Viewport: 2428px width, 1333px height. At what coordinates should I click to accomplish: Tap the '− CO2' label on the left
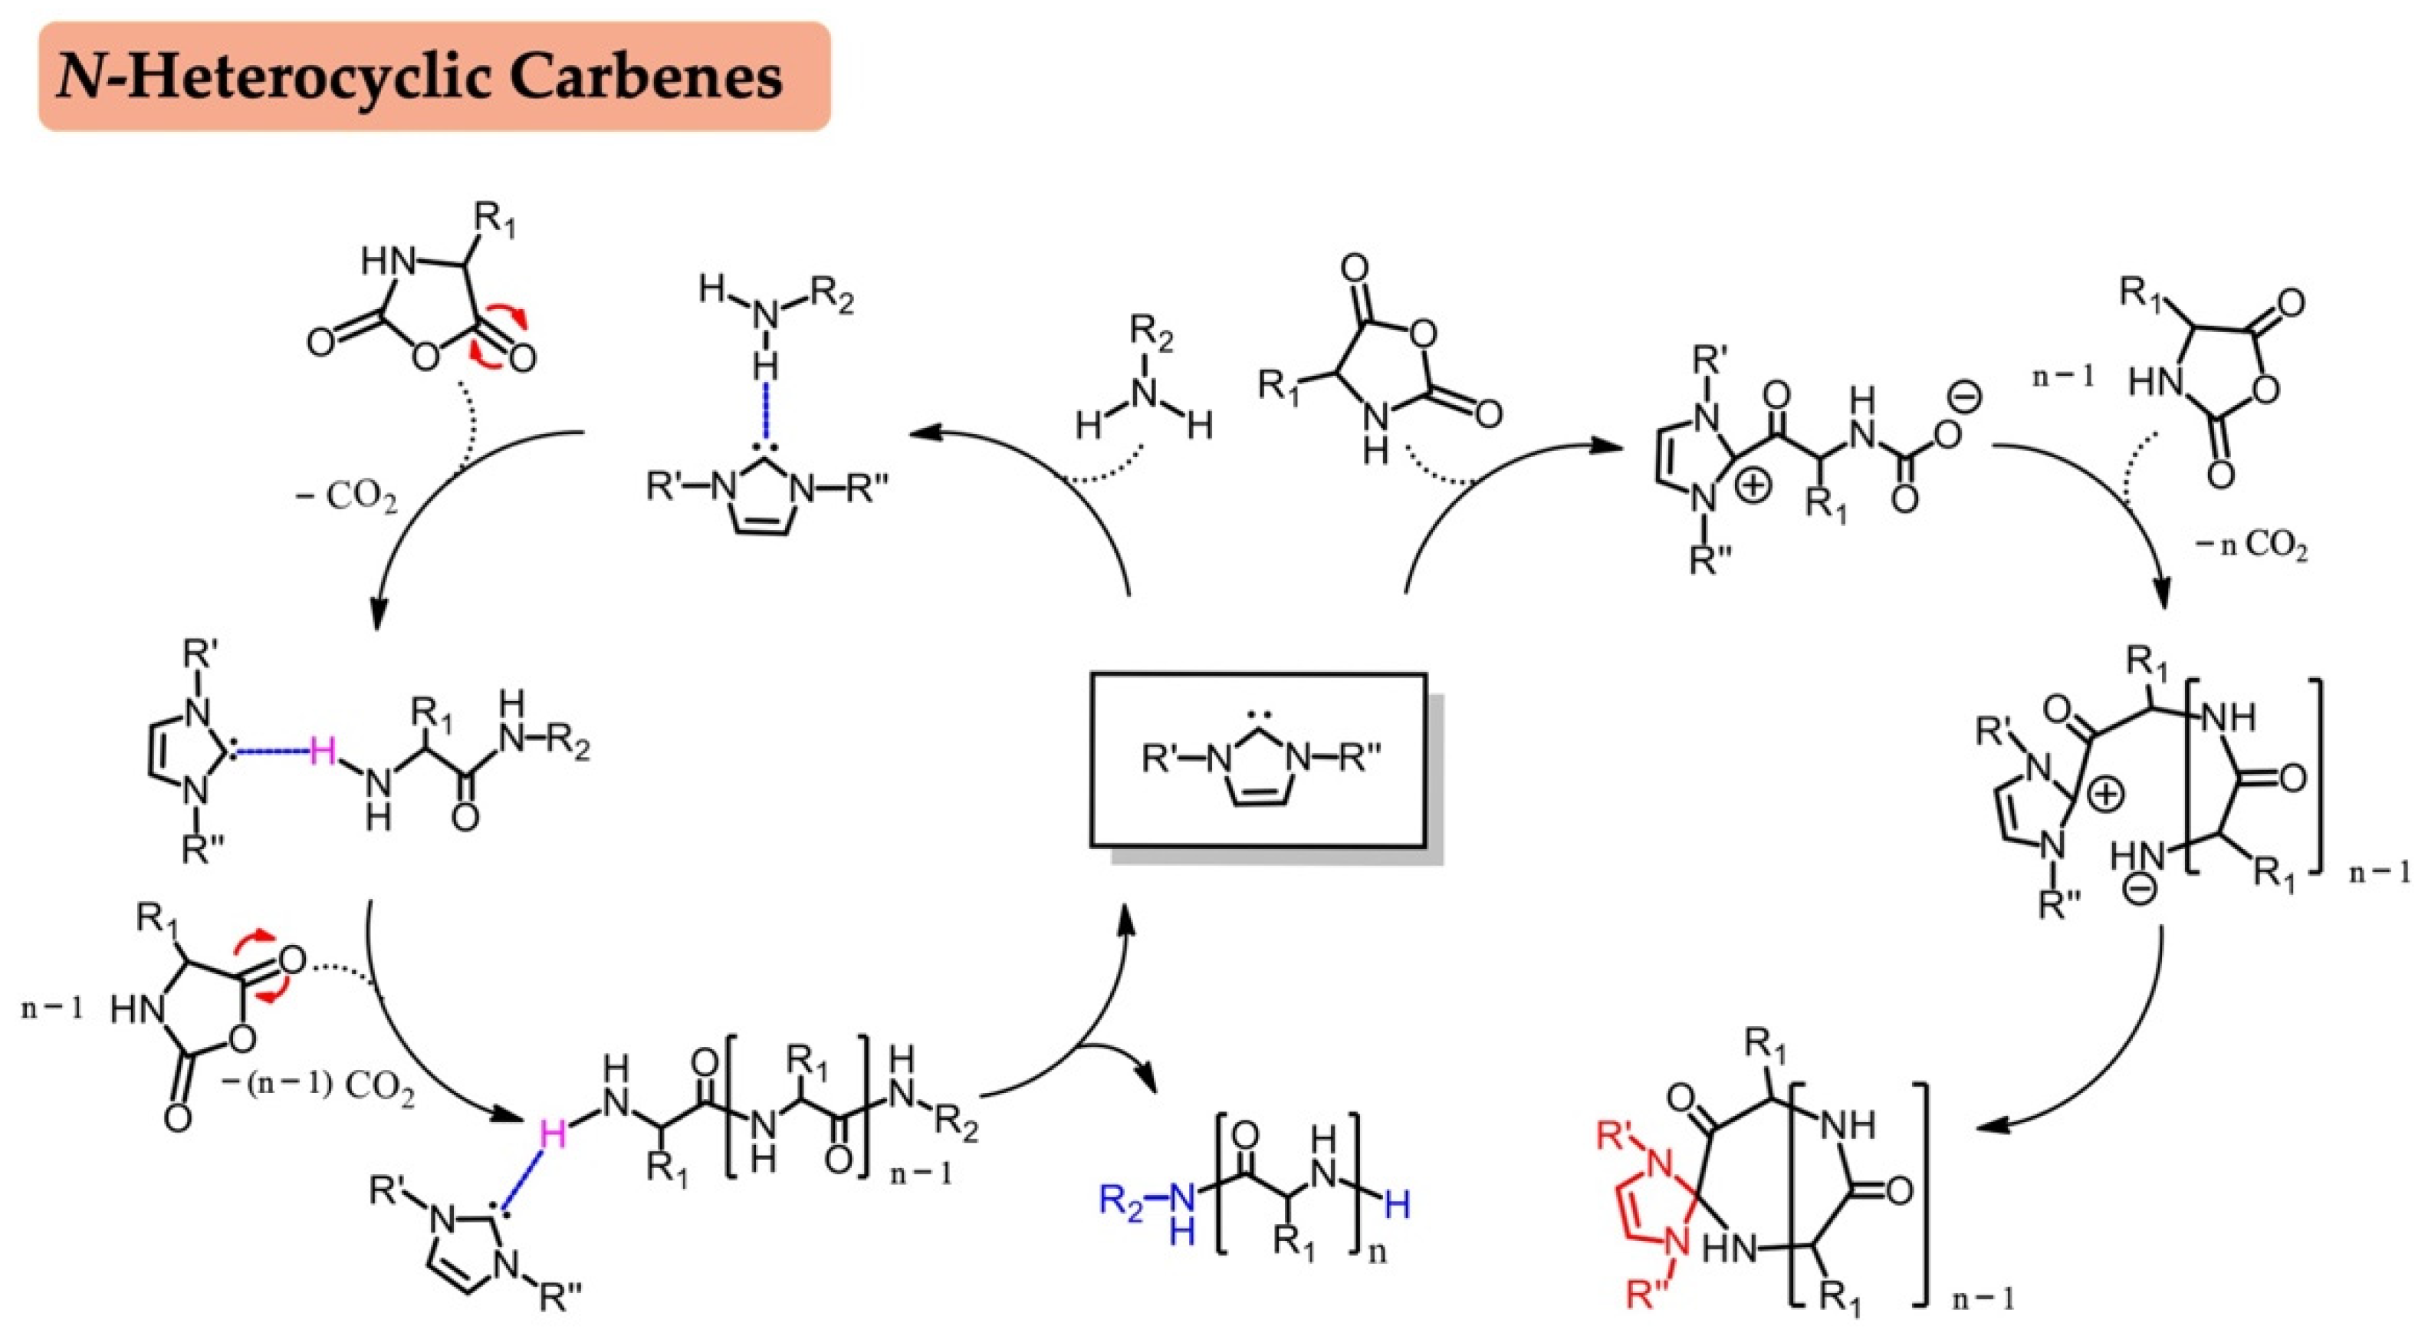pos(346,497)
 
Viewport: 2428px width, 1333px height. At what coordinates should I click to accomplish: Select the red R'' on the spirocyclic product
pos(1648,1297)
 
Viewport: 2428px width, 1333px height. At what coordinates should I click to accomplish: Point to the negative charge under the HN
pos(2141,889)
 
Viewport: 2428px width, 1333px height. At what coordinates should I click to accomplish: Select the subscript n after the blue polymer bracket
pos(1377,1254)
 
